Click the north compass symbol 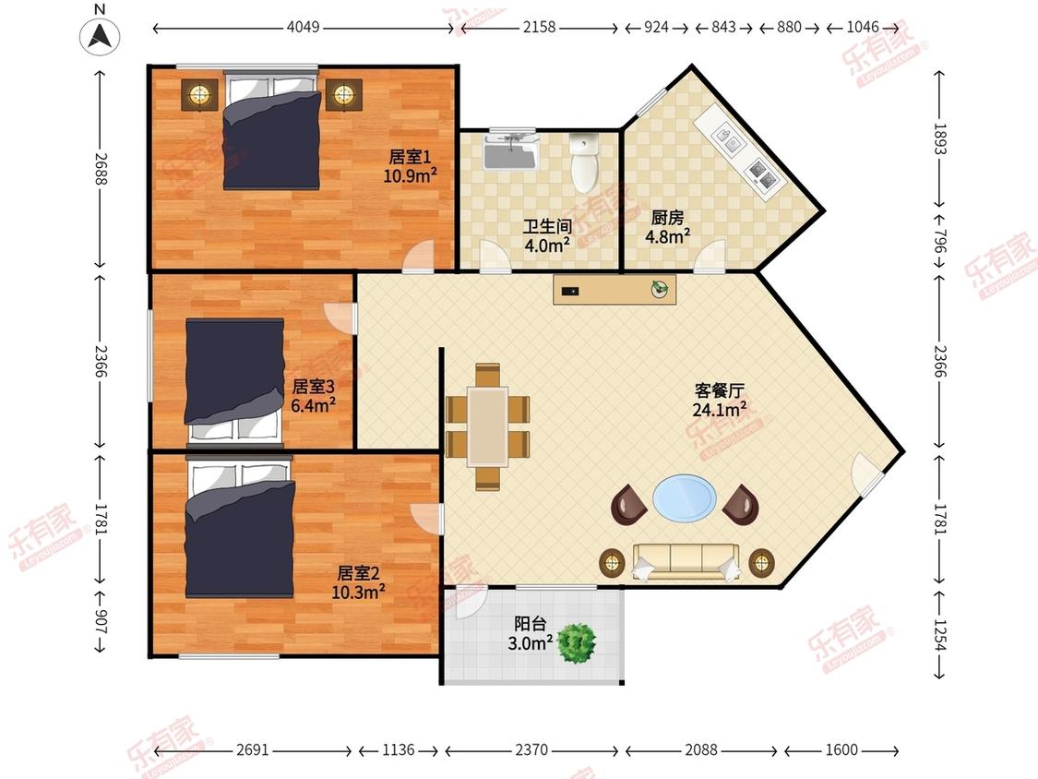(100, 36)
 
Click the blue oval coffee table (685, 497)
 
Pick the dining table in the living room (488, 427)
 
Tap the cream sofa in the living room (686, 562)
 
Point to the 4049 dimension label (304, 27)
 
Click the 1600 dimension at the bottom (841, 749)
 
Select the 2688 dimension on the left (100, 168)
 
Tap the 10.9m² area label (410, 175)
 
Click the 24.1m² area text (720, 410)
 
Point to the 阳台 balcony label (531, 623)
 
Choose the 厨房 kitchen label (667, 217)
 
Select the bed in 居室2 (240, 528)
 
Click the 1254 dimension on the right (940, 635)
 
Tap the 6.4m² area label (313, 405)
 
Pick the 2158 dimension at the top (540, 27)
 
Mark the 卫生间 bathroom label (547, 226)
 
